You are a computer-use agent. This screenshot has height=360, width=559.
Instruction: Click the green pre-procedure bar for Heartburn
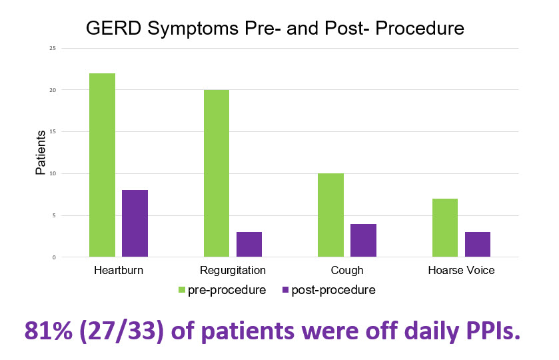click(x=103, y=165)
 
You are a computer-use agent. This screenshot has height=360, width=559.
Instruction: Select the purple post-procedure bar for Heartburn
click(x=135, y=223)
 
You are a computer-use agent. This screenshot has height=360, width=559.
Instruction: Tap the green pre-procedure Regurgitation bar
click(x=217, y=173)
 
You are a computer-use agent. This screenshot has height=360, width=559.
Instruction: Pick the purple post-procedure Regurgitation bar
click(x=249, y=245)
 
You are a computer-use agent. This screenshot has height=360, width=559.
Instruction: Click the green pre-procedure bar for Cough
click(x=331, y=215)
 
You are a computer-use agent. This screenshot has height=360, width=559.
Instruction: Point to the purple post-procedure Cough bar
click(x=363, y=241)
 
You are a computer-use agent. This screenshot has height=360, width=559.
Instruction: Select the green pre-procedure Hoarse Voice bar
click(x=445, y=227)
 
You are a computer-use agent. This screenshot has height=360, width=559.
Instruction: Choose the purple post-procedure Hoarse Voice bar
click(x=478, y=245)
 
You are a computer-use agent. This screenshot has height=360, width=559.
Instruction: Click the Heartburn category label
click(x=119, y=270)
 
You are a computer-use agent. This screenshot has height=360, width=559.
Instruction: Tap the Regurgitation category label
click(x=233, y=271)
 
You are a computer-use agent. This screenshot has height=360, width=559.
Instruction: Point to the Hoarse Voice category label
click(x=461, y=270)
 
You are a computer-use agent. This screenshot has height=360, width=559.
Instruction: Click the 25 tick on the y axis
click(x=53, y=48)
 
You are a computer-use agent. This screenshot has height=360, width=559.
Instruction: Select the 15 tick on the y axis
click(x=53, y=131)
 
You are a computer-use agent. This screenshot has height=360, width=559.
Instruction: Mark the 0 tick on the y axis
click(x=54, y=257)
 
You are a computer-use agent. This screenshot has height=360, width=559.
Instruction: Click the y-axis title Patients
click(x=41, y=153)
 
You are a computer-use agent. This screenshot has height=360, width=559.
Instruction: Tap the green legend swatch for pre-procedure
click(x=182, y=290)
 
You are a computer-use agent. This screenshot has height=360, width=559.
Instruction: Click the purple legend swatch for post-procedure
click(x=285, y=290)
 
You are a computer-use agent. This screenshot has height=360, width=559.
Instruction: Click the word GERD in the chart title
click(x=114, y=28)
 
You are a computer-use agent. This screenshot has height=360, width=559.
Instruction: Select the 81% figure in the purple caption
click(x=49, y=331)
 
